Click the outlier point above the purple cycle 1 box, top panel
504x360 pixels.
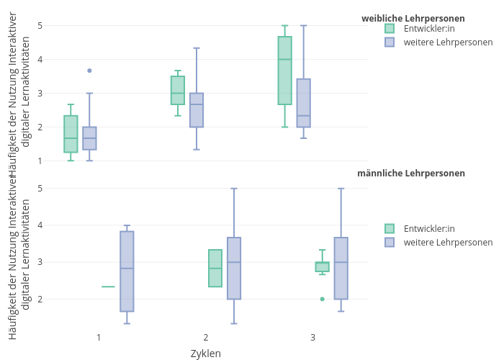coord(89,71)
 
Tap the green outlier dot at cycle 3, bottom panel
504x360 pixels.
coord(322,299)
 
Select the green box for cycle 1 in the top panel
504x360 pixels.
coord(71,134)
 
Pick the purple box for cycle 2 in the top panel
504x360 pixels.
coord(197,110)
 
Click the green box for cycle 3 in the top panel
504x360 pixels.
coord(285,71)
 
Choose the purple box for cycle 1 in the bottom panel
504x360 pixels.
coord(127,271)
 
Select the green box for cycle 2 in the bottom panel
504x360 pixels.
coord(215,268)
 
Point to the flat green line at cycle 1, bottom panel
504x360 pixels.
coord(108,287)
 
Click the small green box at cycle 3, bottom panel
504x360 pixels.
coord(322,266)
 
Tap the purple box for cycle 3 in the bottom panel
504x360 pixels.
coord(341,268)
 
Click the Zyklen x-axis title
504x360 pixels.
coord(205,354)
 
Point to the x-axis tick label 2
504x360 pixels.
coord(205,337)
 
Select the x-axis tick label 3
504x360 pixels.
coord(312,337)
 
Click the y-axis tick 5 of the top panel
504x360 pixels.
coord(40,26)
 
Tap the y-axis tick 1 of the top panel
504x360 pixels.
coord(40,161)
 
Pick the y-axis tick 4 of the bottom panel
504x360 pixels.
coord(40,225)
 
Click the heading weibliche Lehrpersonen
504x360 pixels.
coord(413,19)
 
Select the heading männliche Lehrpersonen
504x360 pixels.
coord(410,174)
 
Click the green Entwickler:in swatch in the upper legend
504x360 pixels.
coord(390,29)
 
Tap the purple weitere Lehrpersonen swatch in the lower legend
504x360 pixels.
coord(390,243)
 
